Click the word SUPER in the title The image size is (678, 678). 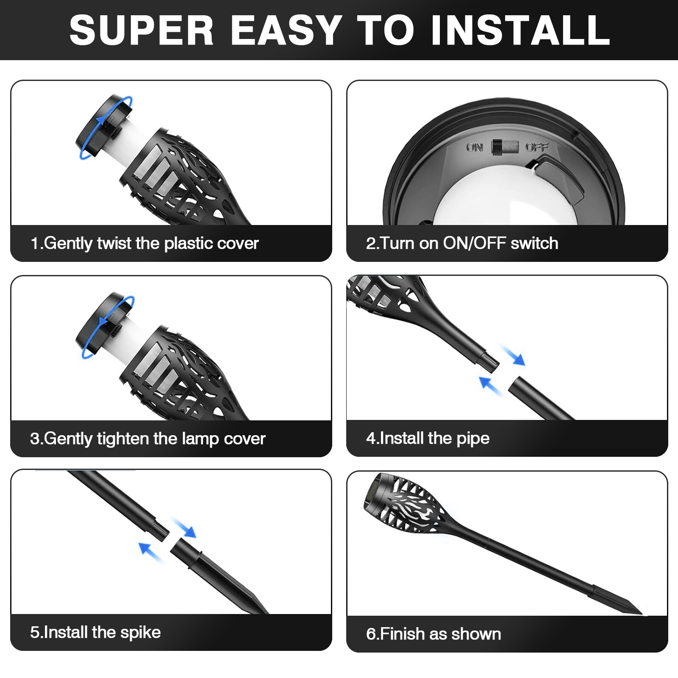click(x=142, y=31)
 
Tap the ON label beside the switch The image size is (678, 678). click(x=475, y=147)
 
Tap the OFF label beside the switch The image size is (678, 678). click(x=537, y=147)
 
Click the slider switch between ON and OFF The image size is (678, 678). click(x=505, y=147)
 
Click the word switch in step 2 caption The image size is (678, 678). click(x=534, y=243)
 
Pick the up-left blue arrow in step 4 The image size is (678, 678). click(x=490, y=385)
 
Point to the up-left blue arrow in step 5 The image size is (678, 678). click(x=150, y=551)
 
